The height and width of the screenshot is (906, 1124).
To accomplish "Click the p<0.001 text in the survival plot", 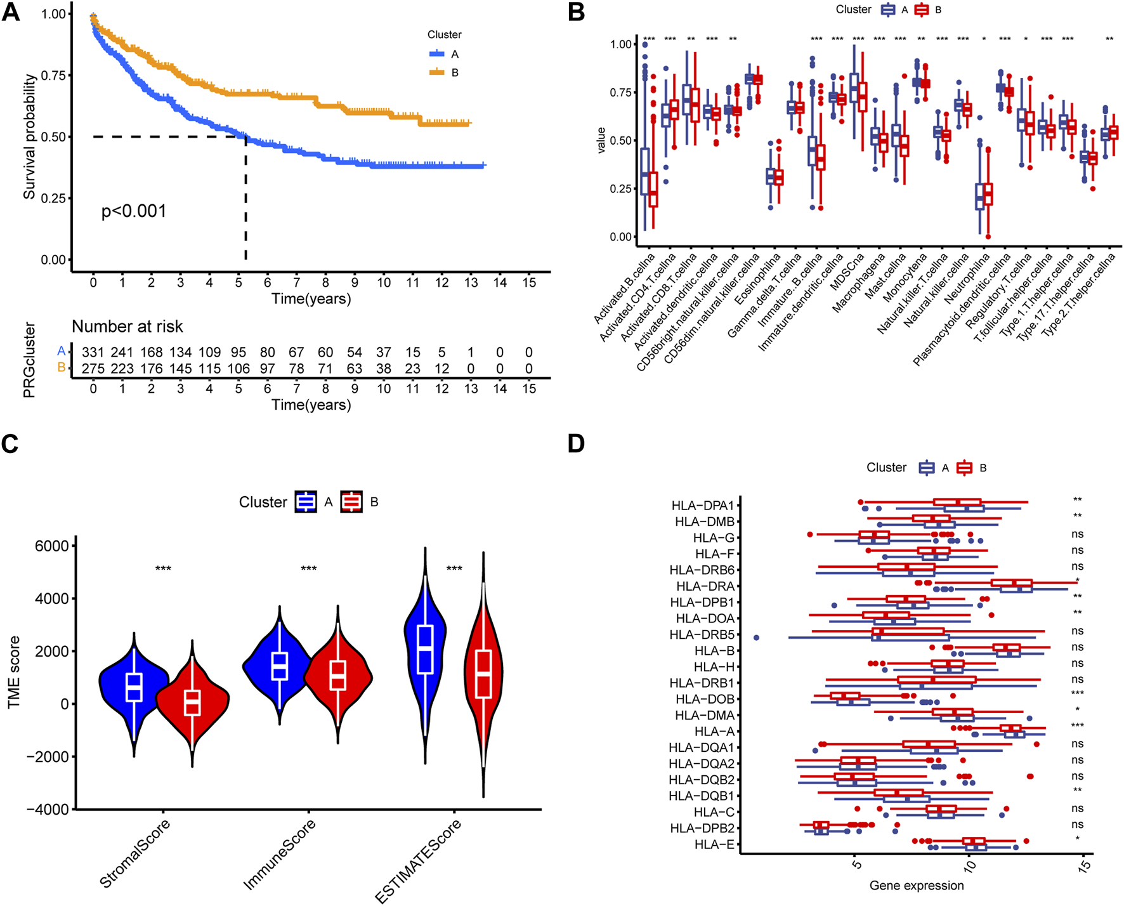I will pyautogui.click(x=134, y=211).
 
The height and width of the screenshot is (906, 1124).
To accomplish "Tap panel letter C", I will pyautogui.click(x=10, y=443).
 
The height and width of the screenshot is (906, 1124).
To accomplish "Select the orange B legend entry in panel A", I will pyautogui.click(x=444, y=73).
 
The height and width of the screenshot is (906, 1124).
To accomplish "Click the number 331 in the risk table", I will pyautogui.click(x=93, y=352).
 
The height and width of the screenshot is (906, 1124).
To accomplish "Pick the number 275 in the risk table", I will pyautogui.click(x=93, y=369).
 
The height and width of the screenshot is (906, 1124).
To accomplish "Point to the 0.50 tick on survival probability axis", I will pyautogui.click(x=53, y=137).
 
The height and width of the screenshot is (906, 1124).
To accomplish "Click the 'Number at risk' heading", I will pyautogui.click(x=127, y=327).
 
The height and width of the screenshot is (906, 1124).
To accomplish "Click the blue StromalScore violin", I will pyautogui.click(x=133, y=685).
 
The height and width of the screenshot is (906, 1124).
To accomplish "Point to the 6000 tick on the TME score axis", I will pyautogui.click(x=52, y=546).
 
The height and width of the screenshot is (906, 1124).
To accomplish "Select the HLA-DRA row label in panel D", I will pyautogui.click(x=705, y=586).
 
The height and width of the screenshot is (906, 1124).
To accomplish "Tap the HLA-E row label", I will pyautogui.click(x=714, y=844).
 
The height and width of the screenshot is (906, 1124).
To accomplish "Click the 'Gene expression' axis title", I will pyautogui.click(x=916, y=885).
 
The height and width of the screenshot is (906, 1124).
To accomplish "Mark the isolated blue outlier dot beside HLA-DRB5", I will pyautogui.click(x=756, y=637).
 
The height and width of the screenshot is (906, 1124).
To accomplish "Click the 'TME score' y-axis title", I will pyautogui.click(x=14, y=673).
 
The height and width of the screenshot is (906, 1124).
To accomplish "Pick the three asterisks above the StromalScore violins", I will pyautogui.click(x=163, y=568).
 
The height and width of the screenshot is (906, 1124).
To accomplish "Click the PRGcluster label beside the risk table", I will pyautogui.click(x=29, y=360).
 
